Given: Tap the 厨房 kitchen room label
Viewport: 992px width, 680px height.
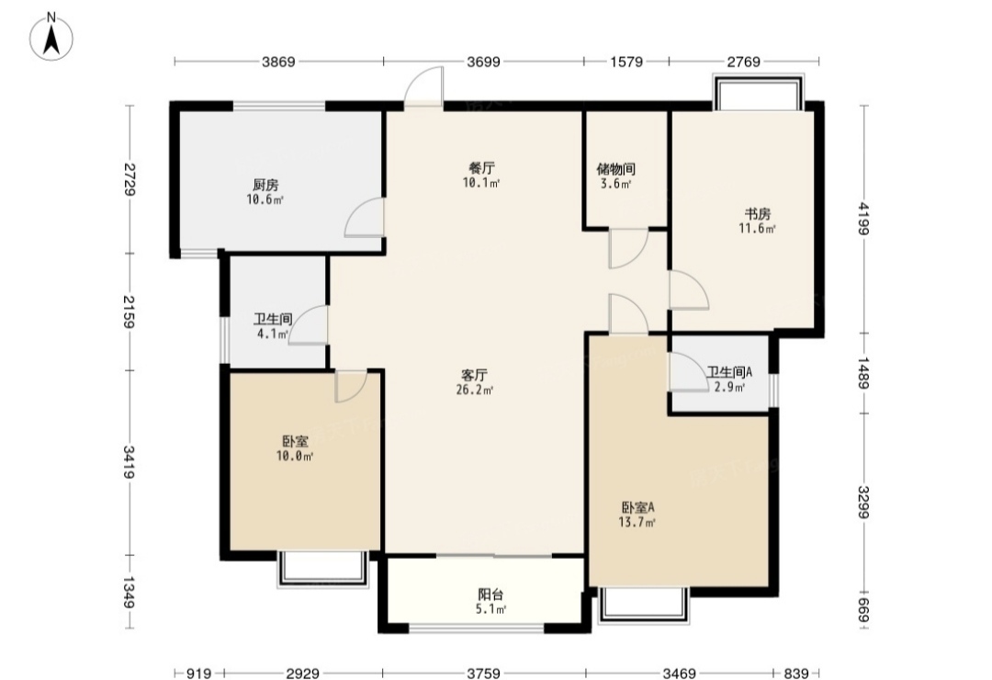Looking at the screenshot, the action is click(x=265, y=186).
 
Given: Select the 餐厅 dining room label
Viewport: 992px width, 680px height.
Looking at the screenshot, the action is click(x=481, y=168).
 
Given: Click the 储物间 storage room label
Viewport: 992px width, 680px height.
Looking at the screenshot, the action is click(x=615, y=169).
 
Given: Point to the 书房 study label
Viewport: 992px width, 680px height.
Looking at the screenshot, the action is click(x=757, y=214).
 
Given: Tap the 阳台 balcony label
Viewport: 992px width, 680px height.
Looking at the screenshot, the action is click(x=490, y=595).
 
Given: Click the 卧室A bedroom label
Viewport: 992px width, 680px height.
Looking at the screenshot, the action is click(x=637, y=507).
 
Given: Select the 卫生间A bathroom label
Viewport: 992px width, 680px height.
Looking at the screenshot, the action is click(x=729, y=372).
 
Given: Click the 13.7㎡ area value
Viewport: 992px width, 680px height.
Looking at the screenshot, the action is click(x=637, y=522).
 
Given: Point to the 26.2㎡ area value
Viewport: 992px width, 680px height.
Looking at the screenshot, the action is click(x=475, y=390).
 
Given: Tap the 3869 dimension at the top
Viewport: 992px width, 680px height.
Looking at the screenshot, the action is click(x=279, y=62).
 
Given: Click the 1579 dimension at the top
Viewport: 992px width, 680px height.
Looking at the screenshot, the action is click(x=626, y=62).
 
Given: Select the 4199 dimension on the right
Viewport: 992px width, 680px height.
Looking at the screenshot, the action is click(x=864, y=218).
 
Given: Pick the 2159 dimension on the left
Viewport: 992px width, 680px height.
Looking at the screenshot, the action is click(x=130, y=312).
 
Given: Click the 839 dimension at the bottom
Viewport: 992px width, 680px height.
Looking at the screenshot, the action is click(x=795, y=673).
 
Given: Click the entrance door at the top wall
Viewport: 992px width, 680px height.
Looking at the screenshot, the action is click(x=423, y=86).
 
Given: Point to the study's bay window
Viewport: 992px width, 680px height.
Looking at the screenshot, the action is click(x=758, y=92).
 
